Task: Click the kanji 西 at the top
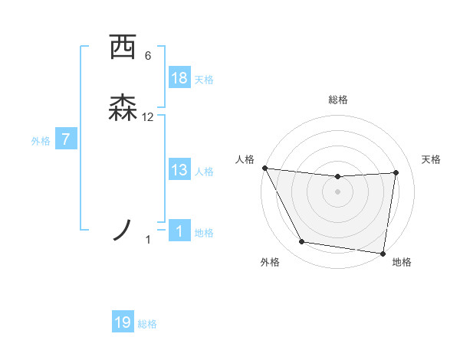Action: click(123, 47)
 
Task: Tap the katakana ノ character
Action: click(123, 229)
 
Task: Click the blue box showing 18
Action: click(179, 78)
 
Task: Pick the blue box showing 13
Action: click(179, 170)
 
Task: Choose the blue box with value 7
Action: click(66, 140)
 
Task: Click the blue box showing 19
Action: click(123, 322)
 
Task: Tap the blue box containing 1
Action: click(179, 231)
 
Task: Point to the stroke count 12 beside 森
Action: click(148, 116)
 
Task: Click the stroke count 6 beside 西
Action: click(148, 55)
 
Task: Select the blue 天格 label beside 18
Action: click(204, 80)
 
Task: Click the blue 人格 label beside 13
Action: click(204, 172)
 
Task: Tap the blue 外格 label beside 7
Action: click(41, 141)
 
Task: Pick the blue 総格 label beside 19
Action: click(147, 324)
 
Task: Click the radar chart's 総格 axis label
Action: click(338, 100)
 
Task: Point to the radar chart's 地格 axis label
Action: click(402, 262)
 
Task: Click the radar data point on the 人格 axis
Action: click(264, 168)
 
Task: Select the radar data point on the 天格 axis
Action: click(396, 172)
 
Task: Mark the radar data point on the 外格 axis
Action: click(302, 243)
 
